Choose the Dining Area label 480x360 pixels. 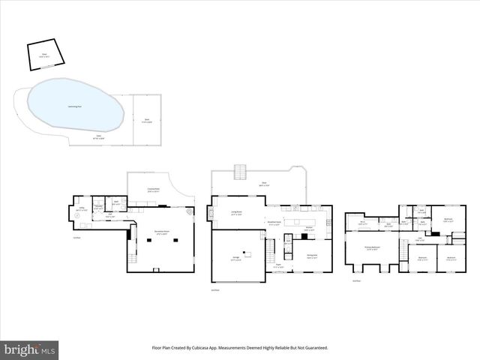[311, 256]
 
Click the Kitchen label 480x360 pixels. [308, 229]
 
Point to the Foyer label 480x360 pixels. [277, 265]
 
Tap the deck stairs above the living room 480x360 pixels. [239, 174]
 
